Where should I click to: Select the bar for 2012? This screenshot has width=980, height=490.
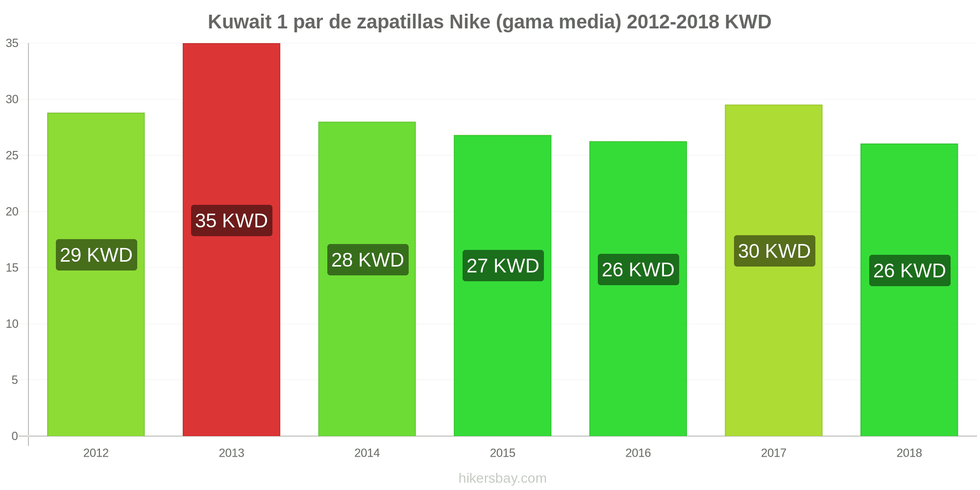tap(96, 343)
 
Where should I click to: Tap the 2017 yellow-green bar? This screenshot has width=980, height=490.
tap(774, 343)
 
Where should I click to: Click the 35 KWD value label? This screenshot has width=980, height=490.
tap(231, 220)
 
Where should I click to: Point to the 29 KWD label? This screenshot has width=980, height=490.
tap(96, 255)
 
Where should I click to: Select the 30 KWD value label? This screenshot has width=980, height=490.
tap(774, 251)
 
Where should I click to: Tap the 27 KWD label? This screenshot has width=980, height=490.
tap(503, 266)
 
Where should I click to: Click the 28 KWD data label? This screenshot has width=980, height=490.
tap(367, 260)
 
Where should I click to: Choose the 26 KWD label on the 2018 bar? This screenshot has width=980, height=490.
tap(909, 270)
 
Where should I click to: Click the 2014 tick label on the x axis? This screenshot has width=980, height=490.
tap(367, 453)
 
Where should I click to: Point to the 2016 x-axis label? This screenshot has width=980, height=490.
tap(638, 453)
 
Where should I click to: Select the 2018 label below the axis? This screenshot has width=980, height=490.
tap(909, 453)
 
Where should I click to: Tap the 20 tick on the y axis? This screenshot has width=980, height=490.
tap(12, 212)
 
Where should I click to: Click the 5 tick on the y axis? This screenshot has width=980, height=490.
tap(15, 380)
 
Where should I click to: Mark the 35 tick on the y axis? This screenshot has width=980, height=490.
tap(12, 44)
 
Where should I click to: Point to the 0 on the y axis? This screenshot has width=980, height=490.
tap(15, 436)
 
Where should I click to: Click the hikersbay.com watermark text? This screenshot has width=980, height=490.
tap(502, 478)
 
